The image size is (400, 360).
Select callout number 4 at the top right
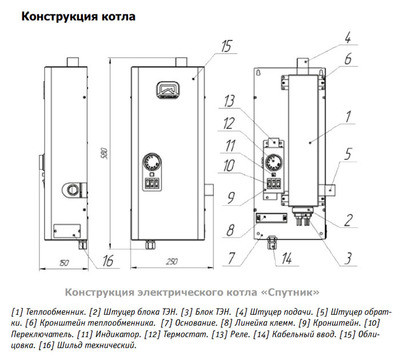pyautogui.click(x=349, y=39)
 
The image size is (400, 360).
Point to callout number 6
pyautogui.click(x=349, y=59)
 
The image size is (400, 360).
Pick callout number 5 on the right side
pyautogui.click(x=349, y=155)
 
